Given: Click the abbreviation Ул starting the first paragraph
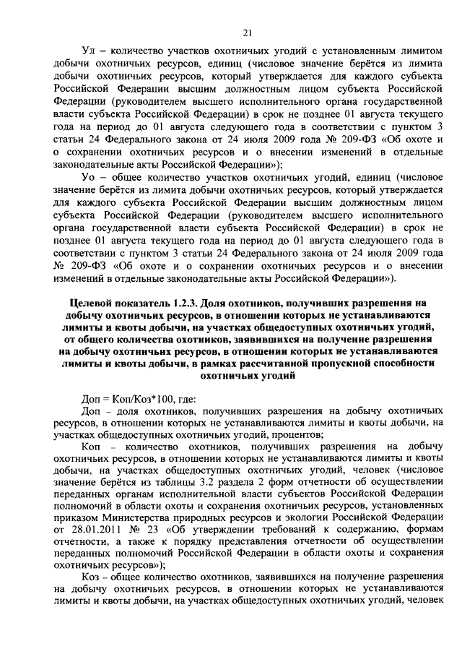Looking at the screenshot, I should click(90, 52).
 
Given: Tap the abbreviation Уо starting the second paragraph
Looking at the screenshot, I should click(90, 178).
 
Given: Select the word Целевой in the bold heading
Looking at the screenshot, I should click(97, 303).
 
